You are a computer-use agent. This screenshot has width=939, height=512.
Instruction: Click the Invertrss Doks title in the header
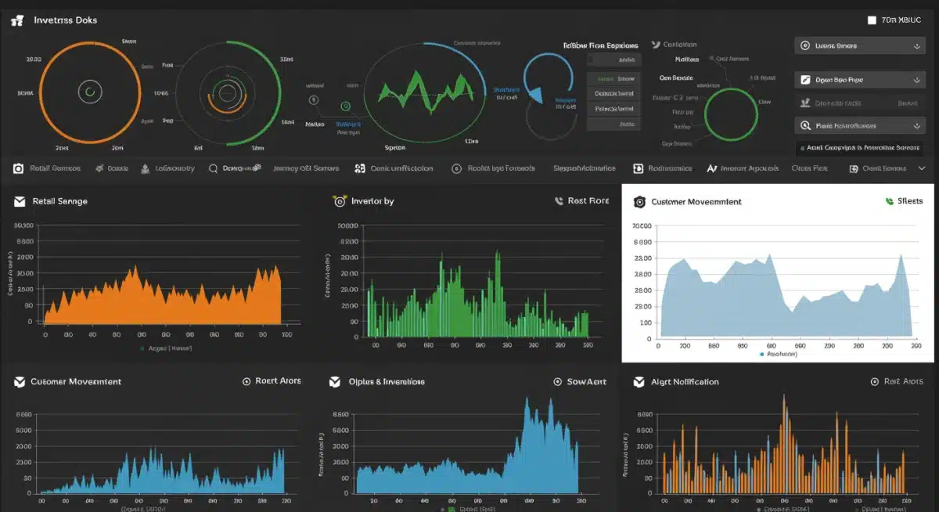65,20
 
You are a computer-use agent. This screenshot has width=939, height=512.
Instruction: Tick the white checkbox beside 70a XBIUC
872,20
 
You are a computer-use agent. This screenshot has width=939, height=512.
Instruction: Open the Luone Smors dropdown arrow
916,46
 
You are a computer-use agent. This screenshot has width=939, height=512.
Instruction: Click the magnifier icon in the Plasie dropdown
804,125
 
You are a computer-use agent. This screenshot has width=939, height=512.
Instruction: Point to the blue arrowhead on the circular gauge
536,95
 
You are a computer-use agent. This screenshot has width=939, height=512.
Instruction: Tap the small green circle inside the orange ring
90,92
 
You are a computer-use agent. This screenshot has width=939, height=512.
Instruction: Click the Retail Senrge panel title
60,201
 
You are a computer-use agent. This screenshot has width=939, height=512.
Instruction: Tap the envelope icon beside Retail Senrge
20,201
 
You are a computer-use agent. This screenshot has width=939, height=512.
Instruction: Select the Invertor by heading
372,201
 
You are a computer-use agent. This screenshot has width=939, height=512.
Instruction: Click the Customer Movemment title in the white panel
696,202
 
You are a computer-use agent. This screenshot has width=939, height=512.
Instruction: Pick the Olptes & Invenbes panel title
386,382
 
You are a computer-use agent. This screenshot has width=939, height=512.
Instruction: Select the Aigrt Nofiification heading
685,382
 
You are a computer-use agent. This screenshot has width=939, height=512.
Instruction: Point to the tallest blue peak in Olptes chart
527,402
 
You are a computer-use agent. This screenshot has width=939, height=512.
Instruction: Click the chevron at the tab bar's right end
921,168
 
